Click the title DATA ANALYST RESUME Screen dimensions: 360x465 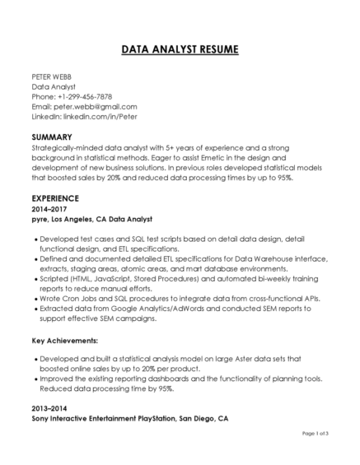180,50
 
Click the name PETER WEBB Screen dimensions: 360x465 46,77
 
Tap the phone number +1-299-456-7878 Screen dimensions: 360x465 83,96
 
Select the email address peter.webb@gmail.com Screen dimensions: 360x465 96,106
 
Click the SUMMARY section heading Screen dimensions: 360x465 51,135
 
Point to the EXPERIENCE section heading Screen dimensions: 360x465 55,198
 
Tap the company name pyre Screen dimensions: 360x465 40,220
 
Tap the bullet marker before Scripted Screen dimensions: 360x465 35,277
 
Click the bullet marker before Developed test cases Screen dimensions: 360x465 35,238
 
